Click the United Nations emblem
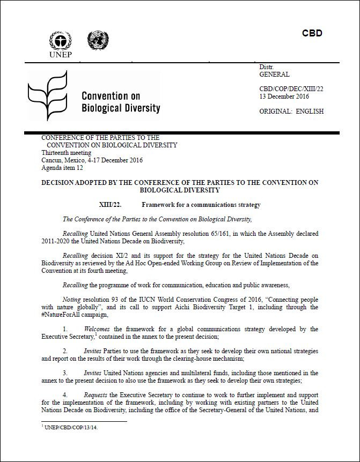tap(98, 41)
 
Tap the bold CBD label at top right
tap(312, 33)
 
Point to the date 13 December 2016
tap(284, 96)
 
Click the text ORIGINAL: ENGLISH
tap(291, 111)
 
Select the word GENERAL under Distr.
tap(274, 74)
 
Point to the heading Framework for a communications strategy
tap(201, 205)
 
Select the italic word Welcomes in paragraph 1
tap(97, 329)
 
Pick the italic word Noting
tap(72, 300)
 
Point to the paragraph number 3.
tap(65, 372)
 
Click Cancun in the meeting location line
tap(52, 160)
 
